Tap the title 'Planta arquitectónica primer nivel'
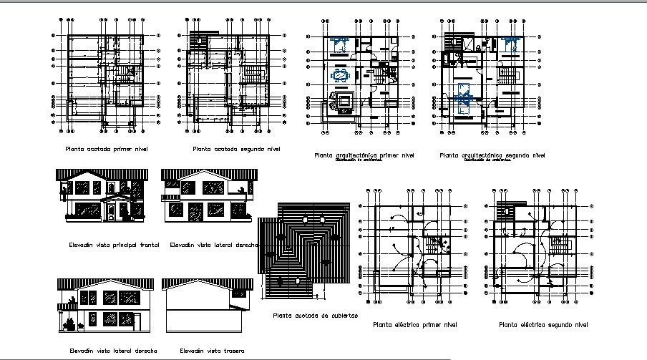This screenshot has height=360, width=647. tap(364, 155)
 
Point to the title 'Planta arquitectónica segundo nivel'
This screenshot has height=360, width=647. tap(493, 155)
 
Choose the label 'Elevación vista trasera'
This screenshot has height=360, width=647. tap(212, 351)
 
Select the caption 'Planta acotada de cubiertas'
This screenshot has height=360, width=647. tap(316, 315)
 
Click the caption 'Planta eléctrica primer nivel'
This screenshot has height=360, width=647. tap(415, 325)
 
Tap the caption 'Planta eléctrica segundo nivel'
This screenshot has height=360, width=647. tap(543, 325)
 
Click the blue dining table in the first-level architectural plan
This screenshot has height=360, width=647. tap(340, 74)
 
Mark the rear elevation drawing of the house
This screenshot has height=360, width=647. tap(208, 308)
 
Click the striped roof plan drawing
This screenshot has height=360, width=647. tap(305, 254)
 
